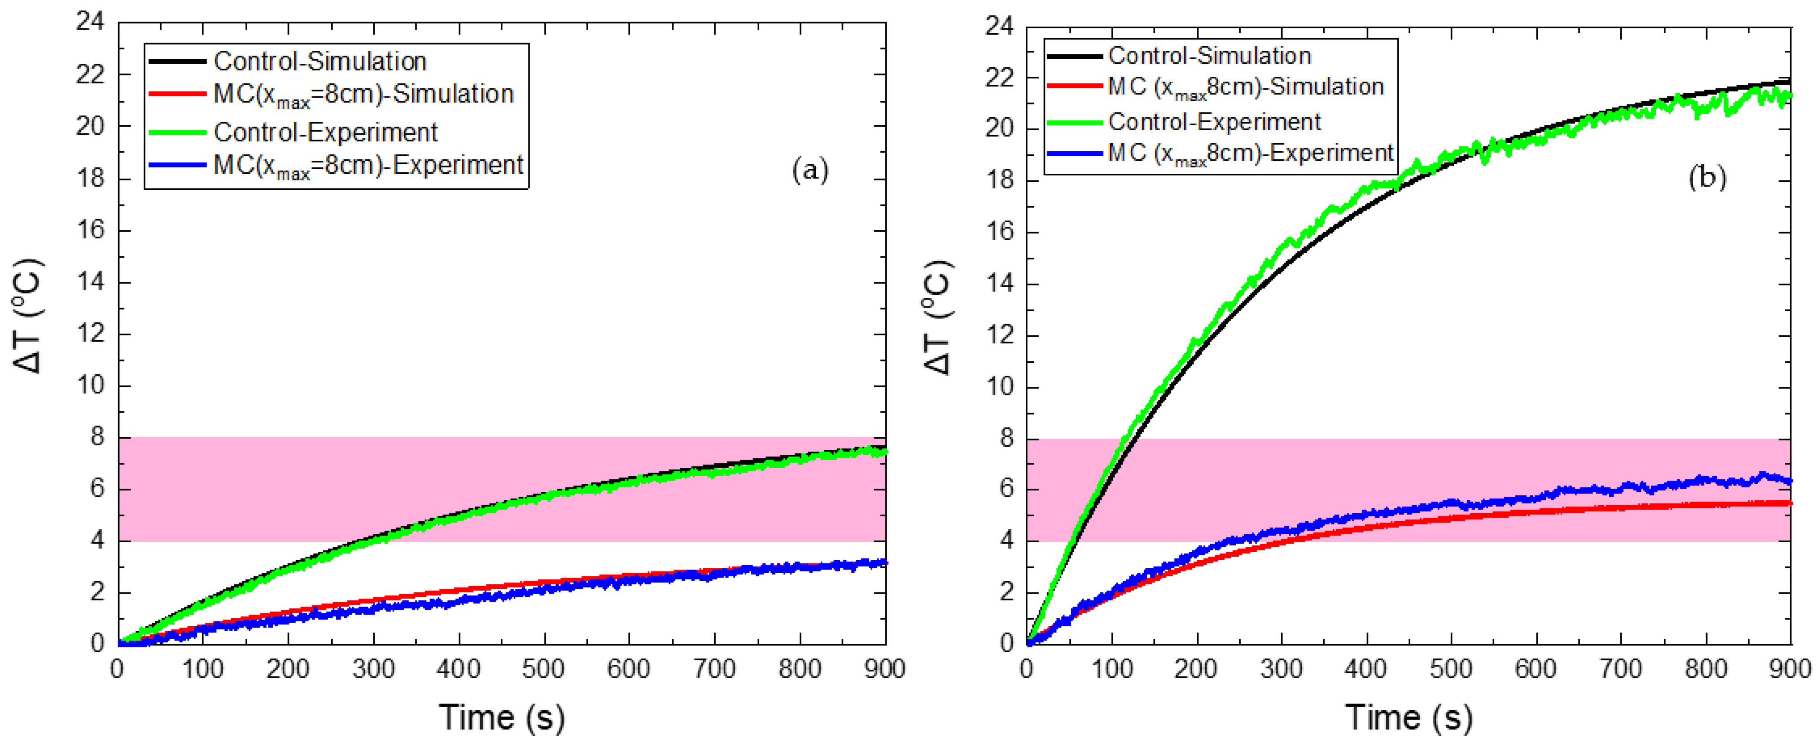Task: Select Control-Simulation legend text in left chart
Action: pyautogui.click(x=320, y=62)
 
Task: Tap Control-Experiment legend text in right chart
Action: pyautogui.click(x=1214, y=122)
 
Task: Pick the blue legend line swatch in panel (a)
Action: pyautogui.click(x=177, y=165)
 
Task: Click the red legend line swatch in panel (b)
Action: pyautogui.click(x=1074, y=86)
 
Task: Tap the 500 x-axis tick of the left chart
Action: pyautogui.click(x=543, y=668)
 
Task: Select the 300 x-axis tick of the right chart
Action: pyautogui.click(x=1281, y=668)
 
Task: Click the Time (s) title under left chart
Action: pyautogui.click(x=502, y=717)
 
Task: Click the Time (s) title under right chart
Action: pyautogui.click(x=1408, y=717)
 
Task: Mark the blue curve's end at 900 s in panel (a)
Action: pyautogui.click(x=884, y=562)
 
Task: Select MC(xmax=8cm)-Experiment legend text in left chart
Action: pyautogui.click(x=368, y=165)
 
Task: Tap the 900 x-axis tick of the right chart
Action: pyautogui.click(x=1789, y=668)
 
